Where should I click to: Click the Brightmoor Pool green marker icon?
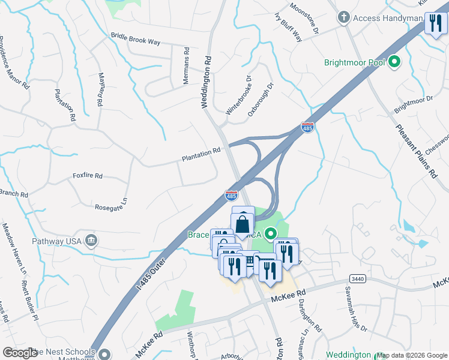pyautogui.click(x=395, y=62)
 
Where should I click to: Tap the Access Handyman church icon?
pyautogui.click(x=344, y=17)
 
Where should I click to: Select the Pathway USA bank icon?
pyautogui.click(x=91, y=241)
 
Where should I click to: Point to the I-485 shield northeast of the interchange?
pyautogui.click(x=307, y=127)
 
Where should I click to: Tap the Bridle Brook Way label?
pyautogui.click(x=136, y=39)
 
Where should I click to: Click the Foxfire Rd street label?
pyautogui.click(x=88, y=176)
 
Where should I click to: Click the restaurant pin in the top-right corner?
pyautogui.click(x=435, y=23)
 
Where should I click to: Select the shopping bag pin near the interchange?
pyautogui.click(x=243, y=224)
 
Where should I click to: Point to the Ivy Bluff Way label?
pyautogui.click(x=288, y=26)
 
